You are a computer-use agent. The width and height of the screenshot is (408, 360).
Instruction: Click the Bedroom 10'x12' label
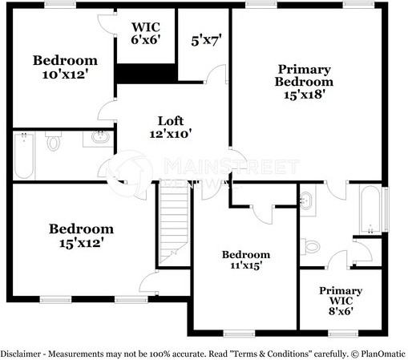65,67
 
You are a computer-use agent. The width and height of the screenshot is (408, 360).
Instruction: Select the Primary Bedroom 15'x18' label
304,81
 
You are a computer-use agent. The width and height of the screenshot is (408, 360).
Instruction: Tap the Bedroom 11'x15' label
246,260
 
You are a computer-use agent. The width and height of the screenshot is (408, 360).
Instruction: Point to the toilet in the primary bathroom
313,246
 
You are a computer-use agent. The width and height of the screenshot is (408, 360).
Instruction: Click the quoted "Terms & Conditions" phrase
273,354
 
